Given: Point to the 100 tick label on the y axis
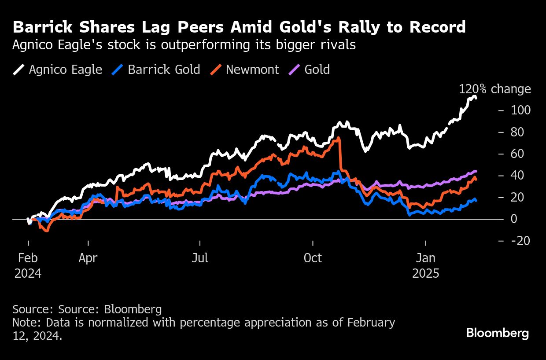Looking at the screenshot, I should pos(520,110).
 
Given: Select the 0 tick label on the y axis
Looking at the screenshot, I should pos(514,219).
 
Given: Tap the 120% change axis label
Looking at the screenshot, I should pos(494,89).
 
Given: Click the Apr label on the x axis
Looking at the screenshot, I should pos(88,258).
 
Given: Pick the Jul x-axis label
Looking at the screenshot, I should pos(200,258).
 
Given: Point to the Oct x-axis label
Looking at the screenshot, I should pos(313,258).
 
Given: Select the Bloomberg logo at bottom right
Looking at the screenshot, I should pos(498,333).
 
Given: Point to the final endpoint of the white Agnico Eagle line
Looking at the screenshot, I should pos(476,98).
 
